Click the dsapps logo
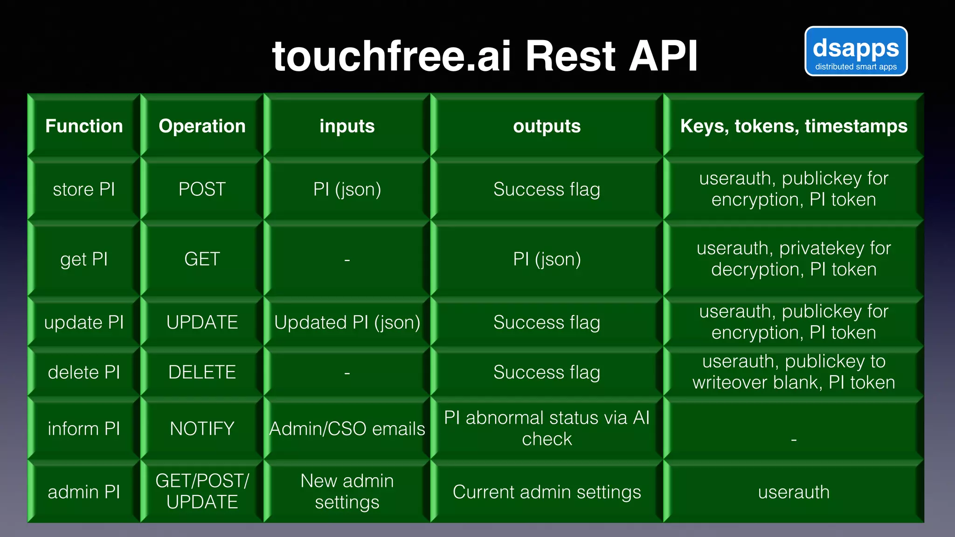[x=856, y=51]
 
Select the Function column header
[x=84, y=126]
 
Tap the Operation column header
[x=202, y=126]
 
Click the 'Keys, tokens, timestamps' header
[x=794, y=126]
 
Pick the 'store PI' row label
[x=84, y=189]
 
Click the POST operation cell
[x=202, y=189]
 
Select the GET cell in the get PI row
[x=202, y=259]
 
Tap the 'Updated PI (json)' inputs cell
[x=347, y=323]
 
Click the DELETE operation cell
[x=202, y=372]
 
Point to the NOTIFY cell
[x=202, y=429]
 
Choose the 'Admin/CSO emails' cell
[x=347, y=429]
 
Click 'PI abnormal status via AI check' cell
[x=547, y=428]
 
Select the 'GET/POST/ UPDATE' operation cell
[x=202, y=491]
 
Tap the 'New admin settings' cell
[x=347, y=491]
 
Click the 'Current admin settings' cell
[x=547, y=492]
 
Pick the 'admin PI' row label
[x=84, y=492]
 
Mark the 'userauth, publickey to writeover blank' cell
[x=794, y=372]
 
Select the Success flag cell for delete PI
[x=547, y=372]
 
